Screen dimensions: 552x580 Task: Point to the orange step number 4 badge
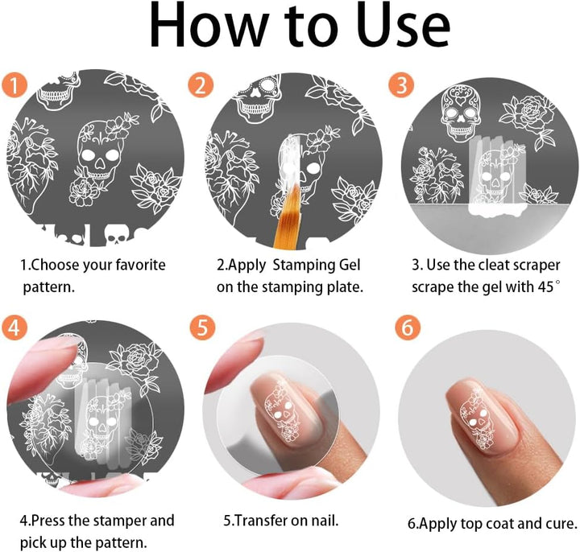(15, 327)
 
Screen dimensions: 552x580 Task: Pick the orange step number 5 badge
(201, 327)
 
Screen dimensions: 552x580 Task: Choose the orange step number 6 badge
(407, 327)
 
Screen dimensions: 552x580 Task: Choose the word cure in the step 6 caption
(561, 523)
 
